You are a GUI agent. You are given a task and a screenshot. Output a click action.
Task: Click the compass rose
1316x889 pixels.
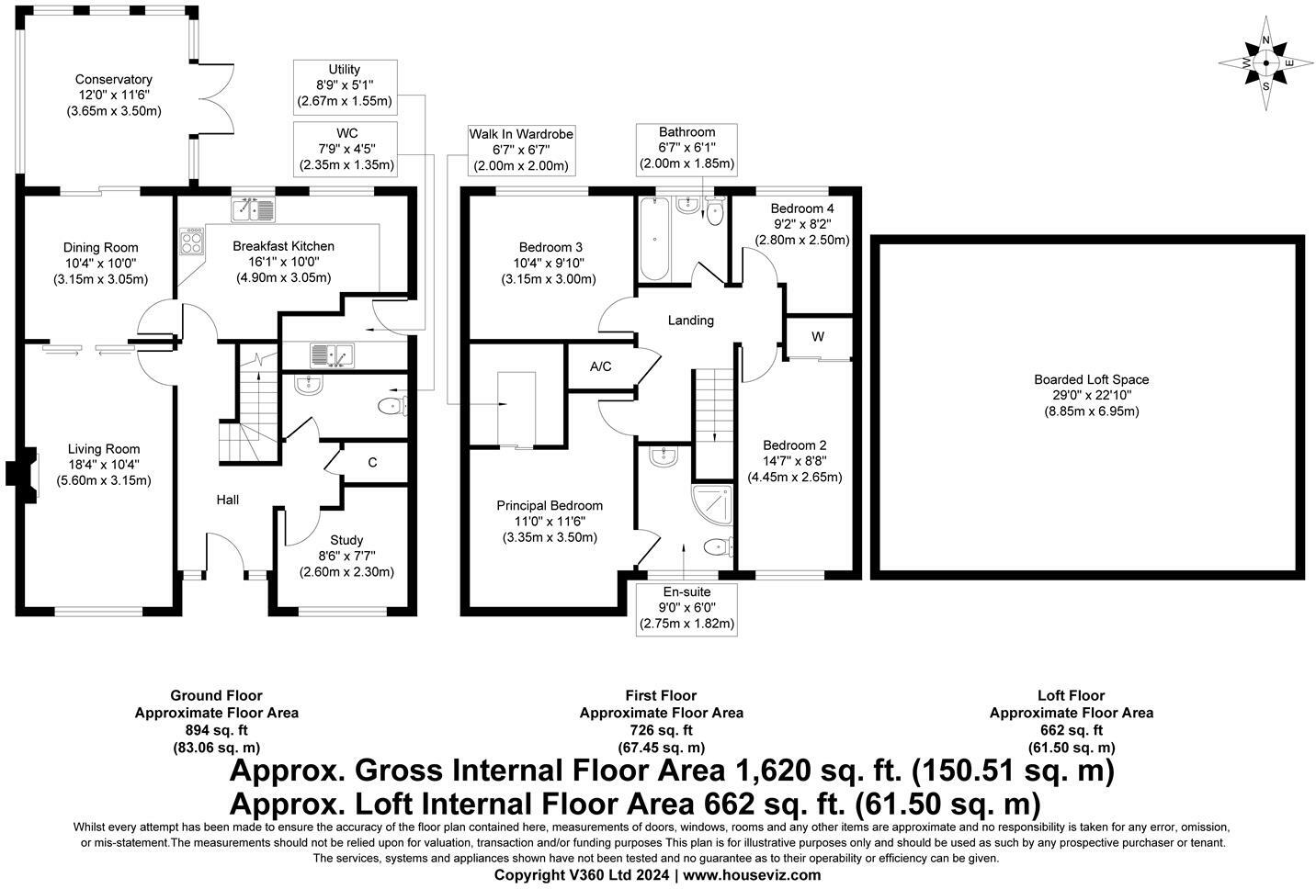click(1265, 63)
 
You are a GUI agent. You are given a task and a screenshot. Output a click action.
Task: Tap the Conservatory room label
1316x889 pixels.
click(113, 79)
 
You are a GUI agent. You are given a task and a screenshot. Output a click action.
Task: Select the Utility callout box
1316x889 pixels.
click(345, 87)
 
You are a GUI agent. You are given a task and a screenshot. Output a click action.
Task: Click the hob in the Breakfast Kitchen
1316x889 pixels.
click(191, 242)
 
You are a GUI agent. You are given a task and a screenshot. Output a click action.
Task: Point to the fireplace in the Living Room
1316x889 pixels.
click(22, 475)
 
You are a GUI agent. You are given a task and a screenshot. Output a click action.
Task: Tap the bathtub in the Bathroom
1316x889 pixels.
click(654, 239)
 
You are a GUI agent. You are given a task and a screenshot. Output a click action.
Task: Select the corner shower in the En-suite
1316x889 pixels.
click(712, 504)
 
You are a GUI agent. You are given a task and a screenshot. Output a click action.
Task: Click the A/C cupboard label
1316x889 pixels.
click(600, 366)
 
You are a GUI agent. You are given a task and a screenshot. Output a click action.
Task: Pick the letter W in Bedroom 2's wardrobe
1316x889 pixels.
click(818, 336)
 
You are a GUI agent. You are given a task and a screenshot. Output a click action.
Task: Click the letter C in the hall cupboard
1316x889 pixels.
click(372, 463)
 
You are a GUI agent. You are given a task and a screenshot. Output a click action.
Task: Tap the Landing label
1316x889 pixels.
click(690, 321)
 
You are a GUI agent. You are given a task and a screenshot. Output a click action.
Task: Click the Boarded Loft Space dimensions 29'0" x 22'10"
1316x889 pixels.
click(1092, 395)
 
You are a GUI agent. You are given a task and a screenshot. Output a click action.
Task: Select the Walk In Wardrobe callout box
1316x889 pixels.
click(521, 150)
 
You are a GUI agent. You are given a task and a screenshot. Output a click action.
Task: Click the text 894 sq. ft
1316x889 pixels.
click(217, 730)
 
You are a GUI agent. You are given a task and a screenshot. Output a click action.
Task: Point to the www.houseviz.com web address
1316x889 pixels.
click(752, 875)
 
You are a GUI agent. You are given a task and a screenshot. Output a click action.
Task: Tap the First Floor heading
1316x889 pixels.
click(661, 696)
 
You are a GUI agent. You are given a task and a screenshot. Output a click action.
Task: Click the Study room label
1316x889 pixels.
click(346, 540)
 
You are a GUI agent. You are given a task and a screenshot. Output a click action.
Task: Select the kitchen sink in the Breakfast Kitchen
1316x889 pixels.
click(254, 210)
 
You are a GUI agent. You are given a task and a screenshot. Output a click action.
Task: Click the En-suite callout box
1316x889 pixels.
click(686, 608)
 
